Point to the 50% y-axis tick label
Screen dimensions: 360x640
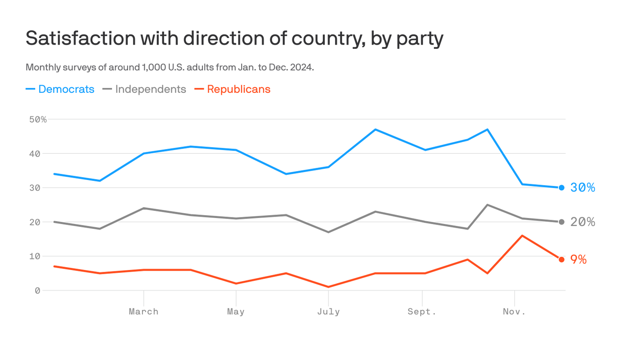click(38, 120)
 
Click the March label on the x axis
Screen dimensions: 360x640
click(143, 312)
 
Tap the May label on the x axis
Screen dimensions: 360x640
click(236, 312)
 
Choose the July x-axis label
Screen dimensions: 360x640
click(328, 312)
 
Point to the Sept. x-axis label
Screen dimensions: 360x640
click(422, 312)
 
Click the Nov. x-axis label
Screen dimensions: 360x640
click(514, 312)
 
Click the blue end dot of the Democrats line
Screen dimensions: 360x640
click(562, 187)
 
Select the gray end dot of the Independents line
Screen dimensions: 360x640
click(562, 222)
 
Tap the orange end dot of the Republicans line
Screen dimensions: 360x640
click(562, 260)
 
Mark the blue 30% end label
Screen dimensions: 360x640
click(582, 187)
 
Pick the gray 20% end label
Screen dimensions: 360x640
click(582, 222)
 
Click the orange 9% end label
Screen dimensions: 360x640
click(579, 260)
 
